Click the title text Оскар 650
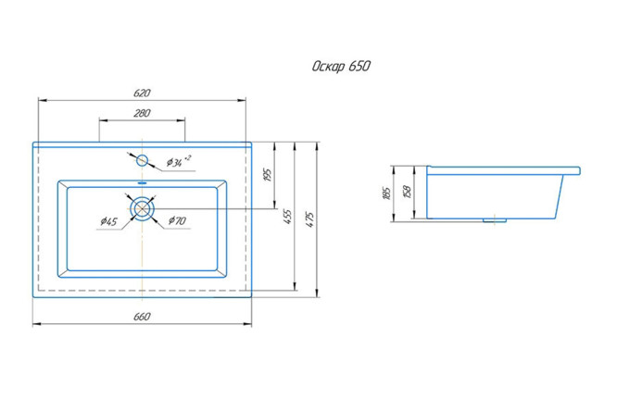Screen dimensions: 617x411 click(x=341, y=66)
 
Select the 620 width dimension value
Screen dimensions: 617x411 click(x=142, y=93)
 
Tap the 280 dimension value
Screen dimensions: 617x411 click(x=142, y=113)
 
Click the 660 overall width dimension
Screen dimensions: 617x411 click(x=142, y=317)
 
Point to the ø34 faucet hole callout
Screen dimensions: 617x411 click(x=179, y=161)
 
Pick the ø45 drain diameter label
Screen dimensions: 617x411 click(x=108, y=221)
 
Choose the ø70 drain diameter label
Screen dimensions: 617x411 click(x=178, y=220)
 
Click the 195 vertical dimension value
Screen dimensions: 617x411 click(x=268, y=175)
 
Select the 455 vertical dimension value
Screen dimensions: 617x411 click(x=288, y=217)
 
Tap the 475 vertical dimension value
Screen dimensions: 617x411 click(x=309, y=219)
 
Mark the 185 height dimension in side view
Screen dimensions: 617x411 click(x=386, y=193)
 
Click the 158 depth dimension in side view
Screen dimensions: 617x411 click(x=408, y=192)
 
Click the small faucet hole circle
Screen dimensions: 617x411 click(x=142, y=160)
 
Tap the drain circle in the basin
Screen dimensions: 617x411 click(x=142, y=209)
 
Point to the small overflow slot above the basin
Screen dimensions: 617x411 click(x=142, y=183)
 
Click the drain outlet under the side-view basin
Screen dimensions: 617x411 click(x=495, y=220)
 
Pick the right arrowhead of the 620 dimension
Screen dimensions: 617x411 click(x=242, y=100)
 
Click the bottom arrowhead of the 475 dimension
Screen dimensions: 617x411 click(x=317, y=293)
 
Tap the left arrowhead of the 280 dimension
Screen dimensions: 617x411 click(x=103, y=120)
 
